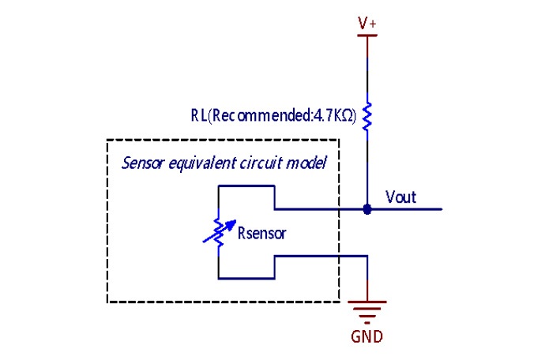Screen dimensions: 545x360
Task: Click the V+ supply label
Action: [x=367, y=23]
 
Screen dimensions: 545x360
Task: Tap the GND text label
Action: [x=366, y=337]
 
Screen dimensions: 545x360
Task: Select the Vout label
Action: [x=400, y=197]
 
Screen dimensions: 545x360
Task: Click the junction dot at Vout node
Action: [x=367, y=209]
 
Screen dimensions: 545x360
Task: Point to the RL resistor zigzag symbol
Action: [x=367, y=116]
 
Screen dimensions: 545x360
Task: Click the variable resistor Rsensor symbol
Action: [x=219, y=232]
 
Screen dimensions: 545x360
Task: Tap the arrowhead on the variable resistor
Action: [x=231, y=223]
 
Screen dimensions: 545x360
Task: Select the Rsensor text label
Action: [x=261, y=233]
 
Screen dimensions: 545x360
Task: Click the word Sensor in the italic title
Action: [x=143, y=163]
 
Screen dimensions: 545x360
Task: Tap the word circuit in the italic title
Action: [x=261, y=163]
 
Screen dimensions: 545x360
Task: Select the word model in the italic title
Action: [x=306, y=163]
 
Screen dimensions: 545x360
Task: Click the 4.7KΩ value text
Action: [x=333, y=115]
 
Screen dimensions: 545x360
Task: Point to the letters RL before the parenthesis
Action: [x=199, y=115]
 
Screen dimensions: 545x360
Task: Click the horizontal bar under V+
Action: [x=367, y=36]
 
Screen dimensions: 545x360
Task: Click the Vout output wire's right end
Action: [x=442, y=209]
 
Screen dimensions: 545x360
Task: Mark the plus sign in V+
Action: [x=373, y=24]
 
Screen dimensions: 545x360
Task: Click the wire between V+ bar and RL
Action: [x=367, y=69]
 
